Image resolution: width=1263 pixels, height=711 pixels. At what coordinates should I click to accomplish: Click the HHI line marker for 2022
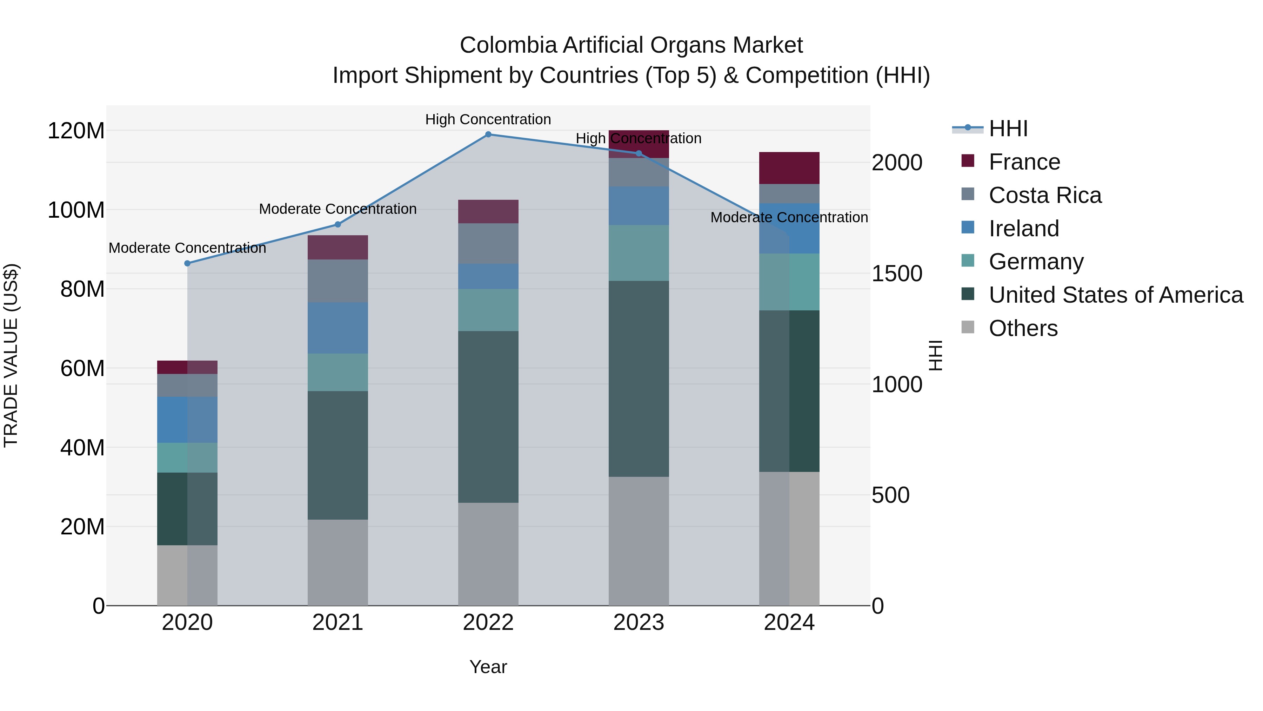[488, 134]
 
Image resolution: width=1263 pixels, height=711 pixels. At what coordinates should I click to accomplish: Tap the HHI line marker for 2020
[187, 263]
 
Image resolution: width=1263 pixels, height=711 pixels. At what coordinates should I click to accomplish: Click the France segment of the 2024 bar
[789, 168]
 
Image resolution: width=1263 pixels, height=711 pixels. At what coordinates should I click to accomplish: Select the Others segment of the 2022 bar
[488, 554]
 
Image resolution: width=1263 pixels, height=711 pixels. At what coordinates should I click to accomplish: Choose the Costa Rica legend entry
[1045, 195]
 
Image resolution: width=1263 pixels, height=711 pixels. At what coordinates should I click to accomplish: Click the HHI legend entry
[1008, 129]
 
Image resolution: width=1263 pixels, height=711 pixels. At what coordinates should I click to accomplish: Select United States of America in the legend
[1115, 295]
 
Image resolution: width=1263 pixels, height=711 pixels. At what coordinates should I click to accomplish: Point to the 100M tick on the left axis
[76, 210]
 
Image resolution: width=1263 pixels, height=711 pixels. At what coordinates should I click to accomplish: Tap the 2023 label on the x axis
[639, 623]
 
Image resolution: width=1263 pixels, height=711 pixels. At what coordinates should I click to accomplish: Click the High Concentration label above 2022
[488, 119]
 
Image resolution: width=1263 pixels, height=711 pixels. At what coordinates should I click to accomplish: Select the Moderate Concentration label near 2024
[789, 217]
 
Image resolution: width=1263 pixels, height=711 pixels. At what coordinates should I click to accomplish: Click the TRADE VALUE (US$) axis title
[11, 355]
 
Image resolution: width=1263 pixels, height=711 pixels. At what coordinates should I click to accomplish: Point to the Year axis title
[488, 667]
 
